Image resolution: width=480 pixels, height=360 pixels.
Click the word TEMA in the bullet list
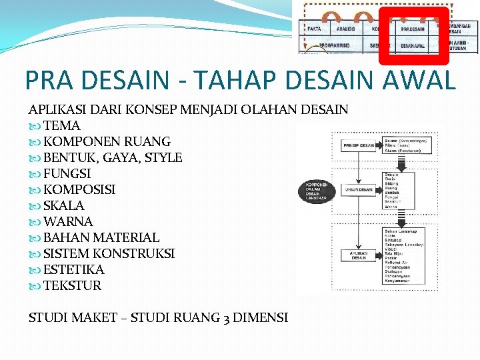tap(61, 125)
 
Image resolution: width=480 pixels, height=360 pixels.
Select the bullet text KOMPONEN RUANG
tap(107, 141)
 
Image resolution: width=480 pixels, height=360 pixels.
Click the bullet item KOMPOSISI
tap(79, 189)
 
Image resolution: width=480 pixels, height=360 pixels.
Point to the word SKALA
tap(64, 205)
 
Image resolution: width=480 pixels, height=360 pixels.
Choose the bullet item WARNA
tap(68, 221)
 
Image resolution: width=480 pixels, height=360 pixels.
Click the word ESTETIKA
tap(74, 269)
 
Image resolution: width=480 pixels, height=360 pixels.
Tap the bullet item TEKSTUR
tap(73, 285)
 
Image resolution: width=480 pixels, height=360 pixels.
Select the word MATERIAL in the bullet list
tap(126, 237)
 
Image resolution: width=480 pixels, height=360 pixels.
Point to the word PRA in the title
tap(48, 80)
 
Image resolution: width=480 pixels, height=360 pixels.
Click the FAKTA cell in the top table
tap(315, 29)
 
